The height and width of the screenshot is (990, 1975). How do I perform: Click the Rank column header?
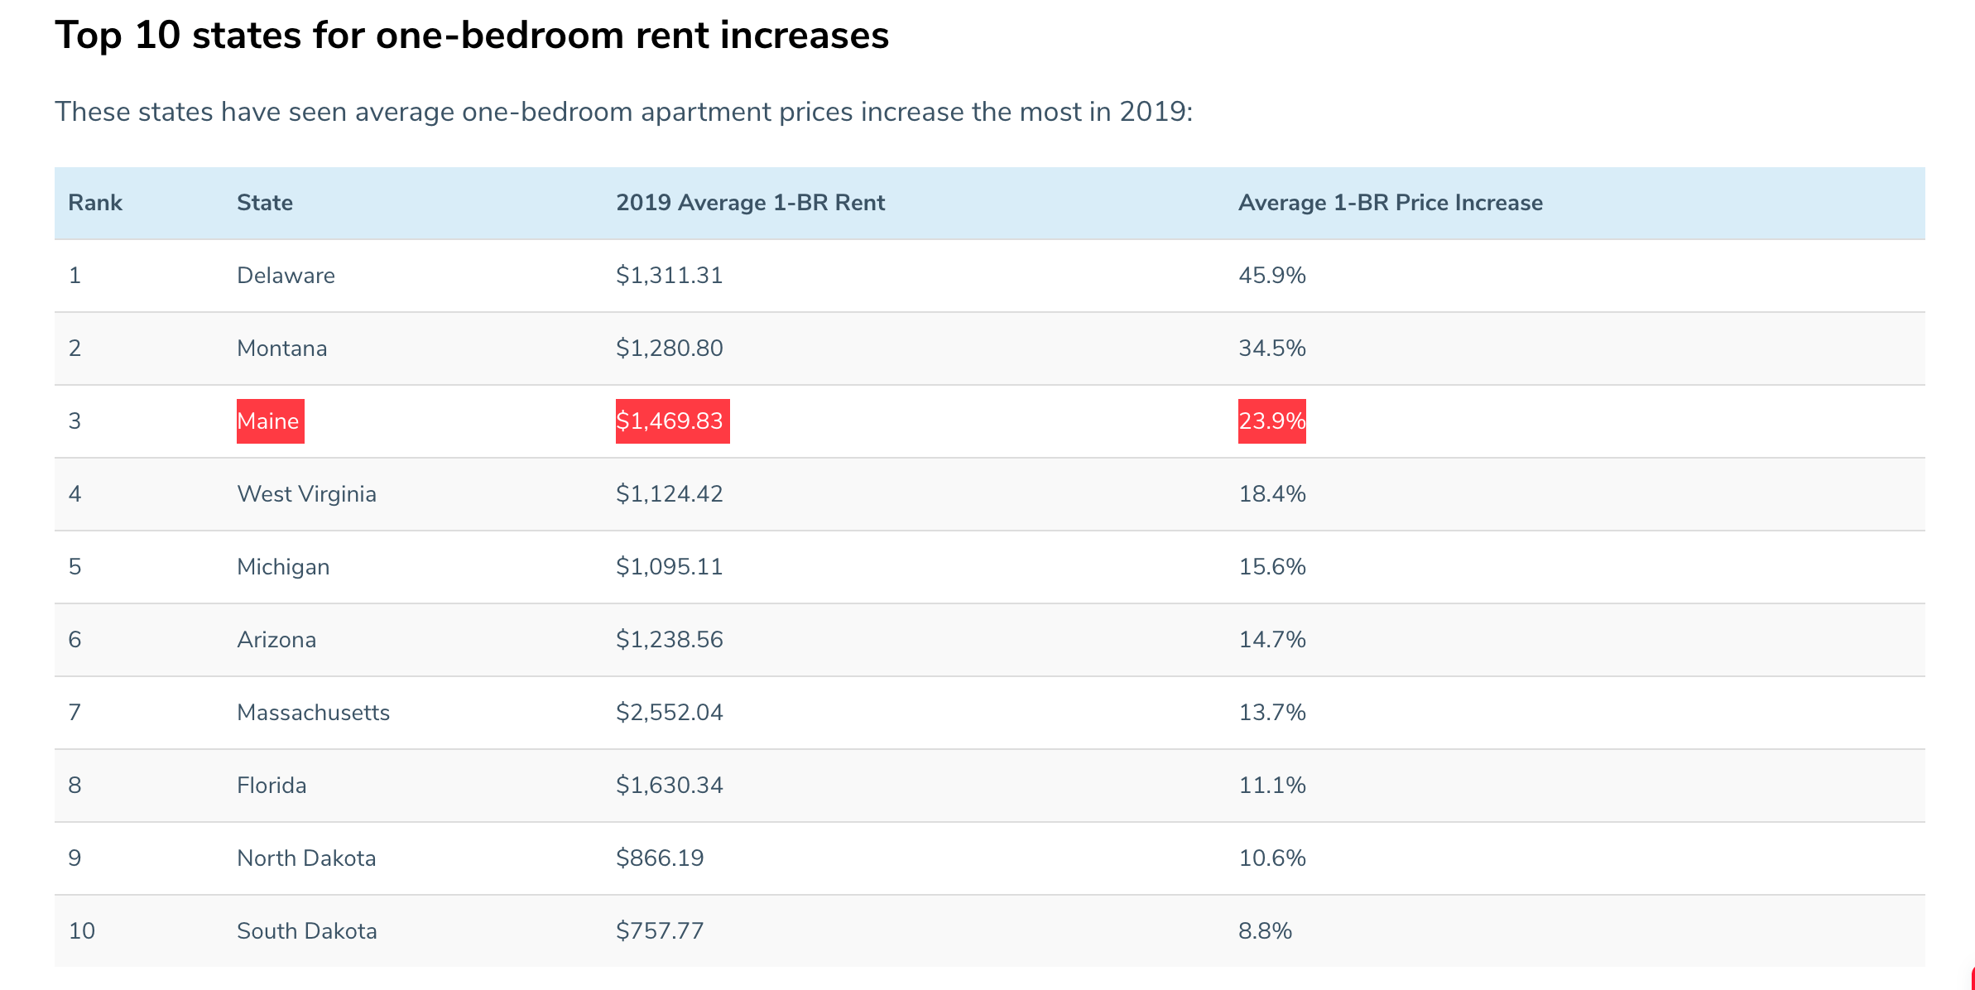(94, 203)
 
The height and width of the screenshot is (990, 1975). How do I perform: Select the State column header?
(264, 203)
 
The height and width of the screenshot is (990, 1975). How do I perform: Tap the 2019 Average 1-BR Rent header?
(750, 203)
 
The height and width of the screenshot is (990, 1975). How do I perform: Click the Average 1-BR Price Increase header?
(1390, 203)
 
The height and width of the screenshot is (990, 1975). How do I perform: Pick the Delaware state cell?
(286, 276)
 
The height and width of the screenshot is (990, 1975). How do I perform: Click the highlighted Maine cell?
(270, 421)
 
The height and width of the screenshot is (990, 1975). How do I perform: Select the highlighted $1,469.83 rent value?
(672, 421)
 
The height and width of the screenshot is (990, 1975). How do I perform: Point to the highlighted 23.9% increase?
(1271, 421)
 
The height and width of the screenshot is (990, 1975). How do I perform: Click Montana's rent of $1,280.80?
(669, 348)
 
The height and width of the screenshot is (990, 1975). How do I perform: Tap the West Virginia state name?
(306, 494)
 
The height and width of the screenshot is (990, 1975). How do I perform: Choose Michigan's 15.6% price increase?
(1271, 567)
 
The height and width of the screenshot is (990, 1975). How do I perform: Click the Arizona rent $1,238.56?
(669, 640)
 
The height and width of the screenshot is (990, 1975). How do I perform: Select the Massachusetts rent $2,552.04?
(669, 713)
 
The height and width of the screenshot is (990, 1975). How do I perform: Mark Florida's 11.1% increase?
(1271, 786)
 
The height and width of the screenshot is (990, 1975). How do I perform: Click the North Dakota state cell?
(306, 858)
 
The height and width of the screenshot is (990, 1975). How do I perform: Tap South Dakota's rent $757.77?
(659, 931)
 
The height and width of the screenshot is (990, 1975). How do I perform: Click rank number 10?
(81, 931)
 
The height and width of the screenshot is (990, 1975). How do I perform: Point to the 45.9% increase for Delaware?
(1271, 276)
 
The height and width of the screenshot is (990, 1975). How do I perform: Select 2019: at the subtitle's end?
(1156, 112)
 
